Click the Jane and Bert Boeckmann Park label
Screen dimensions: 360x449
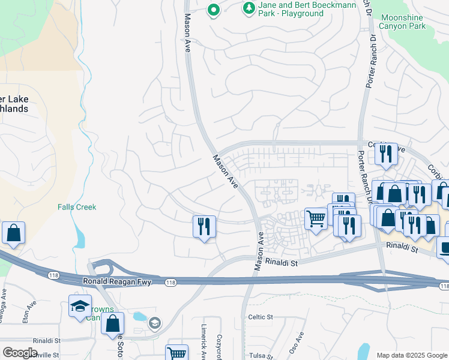pos(307,9)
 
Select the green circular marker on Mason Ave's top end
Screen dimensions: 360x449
pos(212,10)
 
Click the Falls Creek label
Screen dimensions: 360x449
pos(77,207)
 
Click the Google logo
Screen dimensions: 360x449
pos(20,353)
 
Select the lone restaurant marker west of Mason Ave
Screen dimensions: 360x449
pos(204,227)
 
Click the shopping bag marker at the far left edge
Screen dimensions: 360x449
pos(13,233)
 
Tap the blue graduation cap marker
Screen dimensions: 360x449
pos(80,306)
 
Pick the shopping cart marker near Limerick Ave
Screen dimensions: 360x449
pos(176,353)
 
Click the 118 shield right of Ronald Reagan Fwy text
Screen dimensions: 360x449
pos(170,282)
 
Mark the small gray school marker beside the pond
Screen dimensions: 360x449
pos(155,323)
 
